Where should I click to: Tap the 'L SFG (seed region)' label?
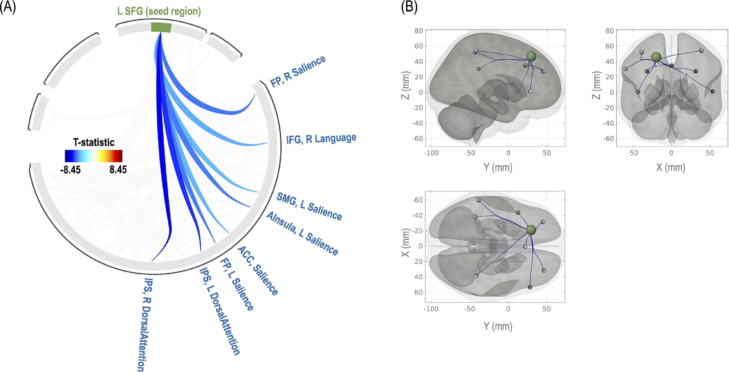click(159, 11)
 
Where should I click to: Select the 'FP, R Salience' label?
click(298, 71)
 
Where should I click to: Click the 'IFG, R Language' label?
click(321, 139)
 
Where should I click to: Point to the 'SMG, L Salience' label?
click(309, 206)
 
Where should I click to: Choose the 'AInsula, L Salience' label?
click(302, 234)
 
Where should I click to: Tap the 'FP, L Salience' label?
click(237, 284)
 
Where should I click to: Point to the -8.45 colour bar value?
click(70, 170)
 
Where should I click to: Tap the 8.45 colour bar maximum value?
click(118, 170)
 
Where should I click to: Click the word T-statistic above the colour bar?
click(94, 142)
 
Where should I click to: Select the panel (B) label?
click(409, 7)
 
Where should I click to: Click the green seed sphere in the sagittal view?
click(531, 56)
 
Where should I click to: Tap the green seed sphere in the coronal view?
click(656, 57)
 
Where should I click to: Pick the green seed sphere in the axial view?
click(531, 230)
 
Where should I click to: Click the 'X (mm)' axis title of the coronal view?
click(671, 167)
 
